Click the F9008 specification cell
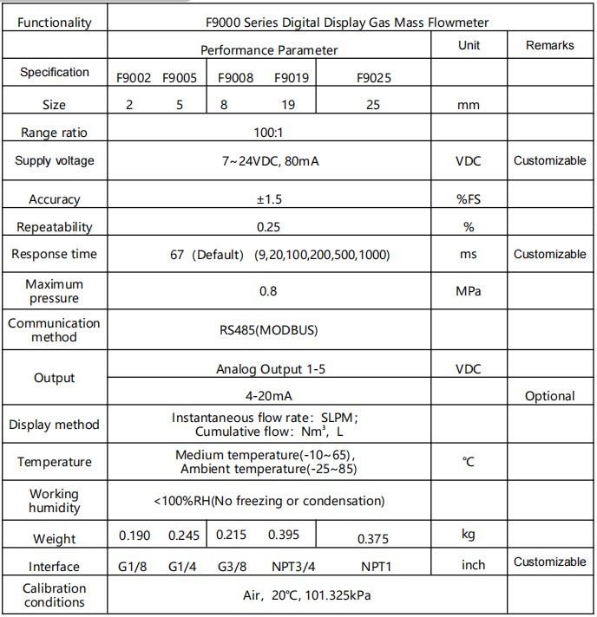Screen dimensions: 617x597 point(235,78)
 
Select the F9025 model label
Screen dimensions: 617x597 point(374,78)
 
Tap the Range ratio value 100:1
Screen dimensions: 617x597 point(268,133)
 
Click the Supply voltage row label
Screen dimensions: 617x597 point(55,161)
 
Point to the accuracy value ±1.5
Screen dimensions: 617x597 point(269,199)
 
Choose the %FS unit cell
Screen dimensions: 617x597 point(468,199)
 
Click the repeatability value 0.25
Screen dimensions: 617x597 point(268,227)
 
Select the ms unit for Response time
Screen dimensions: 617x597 point(468,255)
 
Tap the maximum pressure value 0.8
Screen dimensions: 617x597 point(268,291)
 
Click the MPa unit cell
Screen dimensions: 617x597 point(468,291)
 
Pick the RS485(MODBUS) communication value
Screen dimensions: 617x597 point(268,330)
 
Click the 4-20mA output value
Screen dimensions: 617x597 point(268,394)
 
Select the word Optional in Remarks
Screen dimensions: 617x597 point(549,396)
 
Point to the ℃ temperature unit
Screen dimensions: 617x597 point(468,462)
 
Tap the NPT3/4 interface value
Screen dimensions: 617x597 point(292,567)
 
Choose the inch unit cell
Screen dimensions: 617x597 point(473,565)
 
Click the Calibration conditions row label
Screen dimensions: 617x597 point(55,595)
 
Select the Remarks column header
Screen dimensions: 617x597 point(549,45)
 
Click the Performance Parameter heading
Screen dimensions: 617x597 point(269,50)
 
